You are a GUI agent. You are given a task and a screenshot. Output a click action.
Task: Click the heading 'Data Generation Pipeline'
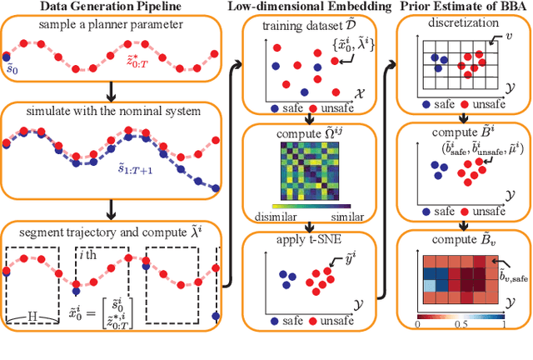pyautogui.click(x=110, y=8)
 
